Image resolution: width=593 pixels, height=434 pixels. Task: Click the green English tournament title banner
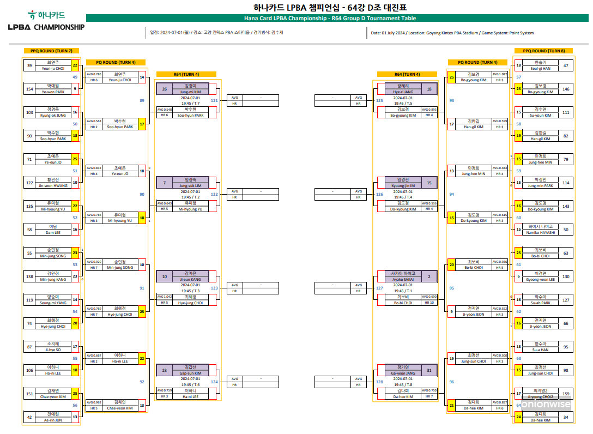coord(337,18)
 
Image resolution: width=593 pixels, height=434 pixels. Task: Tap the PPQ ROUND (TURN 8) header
coord(543,51)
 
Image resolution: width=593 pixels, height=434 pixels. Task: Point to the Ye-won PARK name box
coord(53,88)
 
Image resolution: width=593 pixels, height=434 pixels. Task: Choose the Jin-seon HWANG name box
coord(53,183)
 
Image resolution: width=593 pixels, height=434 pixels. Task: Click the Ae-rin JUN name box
coord(53,418)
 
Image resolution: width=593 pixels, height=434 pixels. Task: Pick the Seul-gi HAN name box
coord(540,65)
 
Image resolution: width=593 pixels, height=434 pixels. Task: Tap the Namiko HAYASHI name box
coord(540,230)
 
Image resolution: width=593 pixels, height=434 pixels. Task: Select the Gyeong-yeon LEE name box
coord(540,277)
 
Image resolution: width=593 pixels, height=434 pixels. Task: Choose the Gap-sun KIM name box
coord(191,370)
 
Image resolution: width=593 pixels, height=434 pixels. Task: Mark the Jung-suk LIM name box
coord(191,183)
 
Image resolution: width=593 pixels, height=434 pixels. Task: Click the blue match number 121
coord(214,101)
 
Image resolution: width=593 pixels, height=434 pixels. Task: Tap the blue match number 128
coord(379,382)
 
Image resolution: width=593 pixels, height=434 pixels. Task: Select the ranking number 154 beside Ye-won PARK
coord(30,88)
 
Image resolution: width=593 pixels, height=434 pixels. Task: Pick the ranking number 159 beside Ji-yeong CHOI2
coord(566,394)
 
